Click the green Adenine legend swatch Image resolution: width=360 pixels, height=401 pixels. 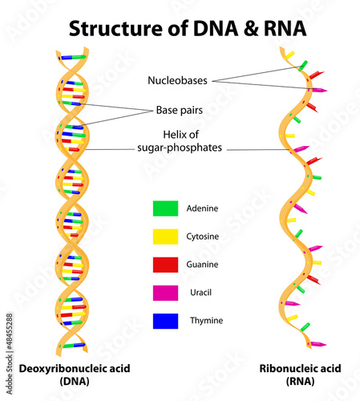pyautogui.click(x=165, y=209)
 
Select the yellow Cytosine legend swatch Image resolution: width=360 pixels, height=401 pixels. pyautogui.click(x=165, y=237)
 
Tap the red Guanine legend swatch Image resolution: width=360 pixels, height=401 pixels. pyautogui.click(x=165, y=265)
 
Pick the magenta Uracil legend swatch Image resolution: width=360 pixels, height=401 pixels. pyautogui.click(x=165, y=293)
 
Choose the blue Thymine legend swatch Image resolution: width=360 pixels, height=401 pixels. pyautogui.click(x=165, y=321)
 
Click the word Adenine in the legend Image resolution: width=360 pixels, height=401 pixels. pyautogui.click(x=202, y=209)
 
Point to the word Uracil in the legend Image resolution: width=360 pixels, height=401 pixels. pyautogui.click(x=200, y=293)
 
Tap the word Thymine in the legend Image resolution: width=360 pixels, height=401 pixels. pyautogui.click(x=206, y=321)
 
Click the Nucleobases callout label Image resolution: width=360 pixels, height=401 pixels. pyautogui.click(x=177, y=80)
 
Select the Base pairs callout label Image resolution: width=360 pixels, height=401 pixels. pyautogui.click(x=180, y=110)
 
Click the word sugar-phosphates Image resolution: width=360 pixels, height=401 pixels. pyautogui.click(x=180, y=148)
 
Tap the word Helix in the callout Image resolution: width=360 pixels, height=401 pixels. pyautogui.click(x=172, y=135)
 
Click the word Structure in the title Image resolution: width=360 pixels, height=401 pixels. pyautogui.click(x=115, y=28)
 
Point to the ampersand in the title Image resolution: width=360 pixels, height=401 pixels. pyautogui.click(x=251, y=28)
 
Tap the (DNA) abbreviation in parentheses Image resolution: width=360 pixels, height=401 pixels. pyautogui.click(x=75, y=381)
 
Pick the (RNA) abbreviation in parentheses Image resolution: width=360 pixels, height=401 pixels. pyautogui.click(x=300, y=381)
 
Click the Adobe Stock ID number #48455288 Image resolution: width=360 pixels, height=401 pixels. pyautogui.click(x=10, y=332)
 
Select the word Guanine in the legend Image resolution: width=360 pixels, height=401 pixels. pyautogui.click(x=202, y=265)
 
